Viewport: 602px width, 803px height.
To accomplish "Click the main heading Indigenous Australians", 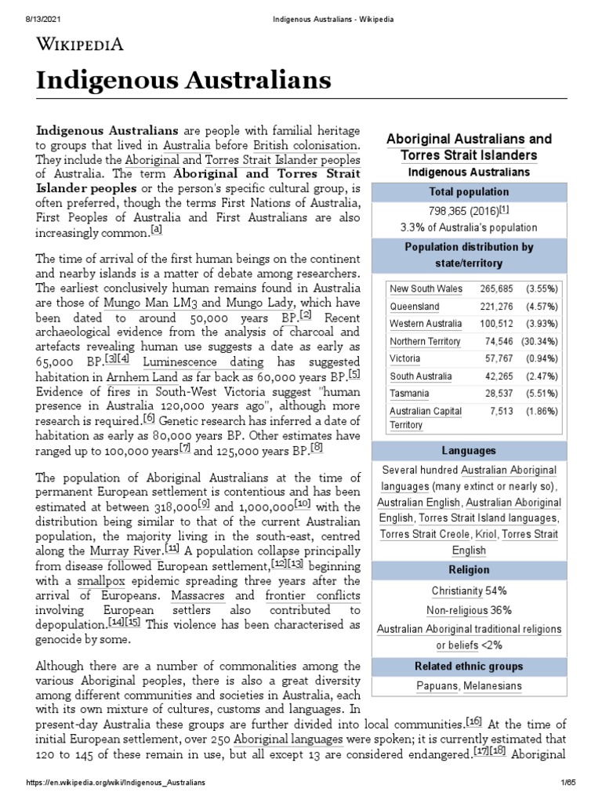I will coord(184,80).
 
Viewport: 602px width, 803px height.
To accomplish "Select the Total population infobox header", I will coord(469,192).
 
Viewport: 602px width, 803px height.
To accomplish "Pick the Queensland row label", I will coord(415,307).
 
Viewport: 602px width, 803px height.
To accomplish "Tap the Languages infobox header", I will coord(469,452).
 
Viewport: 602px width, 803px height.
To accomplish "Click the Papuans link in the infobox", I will coord(437,686).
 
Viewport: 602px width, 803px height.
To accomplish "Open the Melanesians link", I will coord(492,686).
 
